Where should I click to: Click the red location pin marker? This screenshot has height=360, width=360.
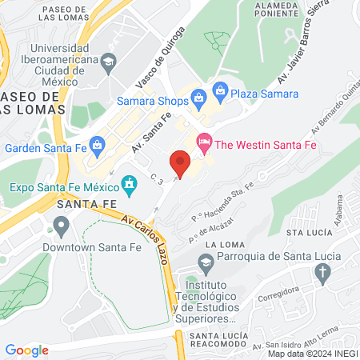(x=180, y=163)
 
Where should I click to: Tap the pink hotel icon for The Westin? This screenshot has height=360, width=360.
(x=204, y=143)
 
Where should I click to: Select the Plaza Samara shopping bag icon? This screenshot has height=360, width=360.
(x=220, y=94)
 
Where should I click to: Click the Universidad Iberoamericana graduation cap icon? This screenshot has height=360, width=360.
(x=108, y=62)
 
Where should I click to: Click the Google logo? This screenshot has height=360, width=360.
(x=26, y=350)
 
